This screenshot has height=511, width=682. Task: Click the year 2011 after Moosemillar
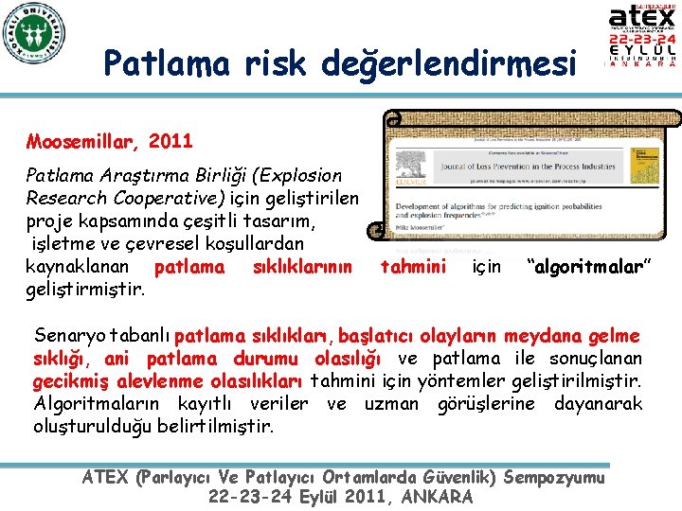click(x=171, y=142)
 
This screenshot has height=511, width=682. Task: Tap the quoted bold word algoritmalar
click(x=589, y=267)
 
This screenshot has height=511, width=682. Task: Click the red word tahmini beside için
click(x=412, y=267)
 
